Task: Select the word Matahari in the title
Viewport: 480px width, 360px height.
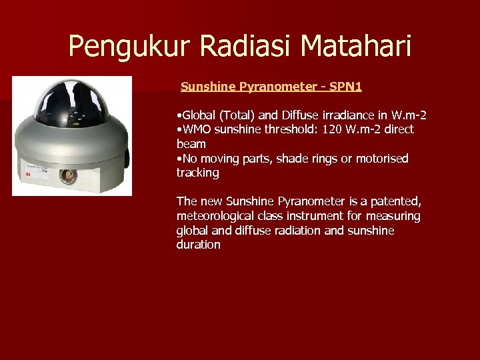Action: [x=356, y=46]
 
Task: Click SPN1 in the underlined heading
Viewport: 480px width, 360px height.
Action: [x=345, y=87]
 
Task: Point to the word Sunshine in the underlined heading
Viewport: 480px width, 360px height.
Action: [x=207, y=87]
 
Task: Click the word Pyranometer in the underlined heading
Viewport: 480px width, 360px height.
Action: [x=277, y=87]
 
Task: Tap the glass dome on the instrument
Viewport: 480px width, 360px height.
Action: [x=71, y=102]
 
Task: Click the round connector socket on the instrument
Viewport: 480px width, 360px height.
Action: [x=67, y=176]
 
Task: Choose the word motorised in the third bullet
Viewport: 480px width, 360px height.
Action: [x=383, y=159]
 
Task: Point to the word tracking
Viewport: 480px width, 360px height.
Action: [x=198, y=173]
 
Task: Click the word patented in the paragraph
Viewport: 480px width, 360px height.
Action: [x=396, y=201]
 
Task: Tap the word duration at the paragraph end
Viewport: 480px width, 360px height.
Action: [x=198, y=245]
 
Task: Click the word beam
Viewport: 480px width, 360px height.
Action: [x=191, y=144]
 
